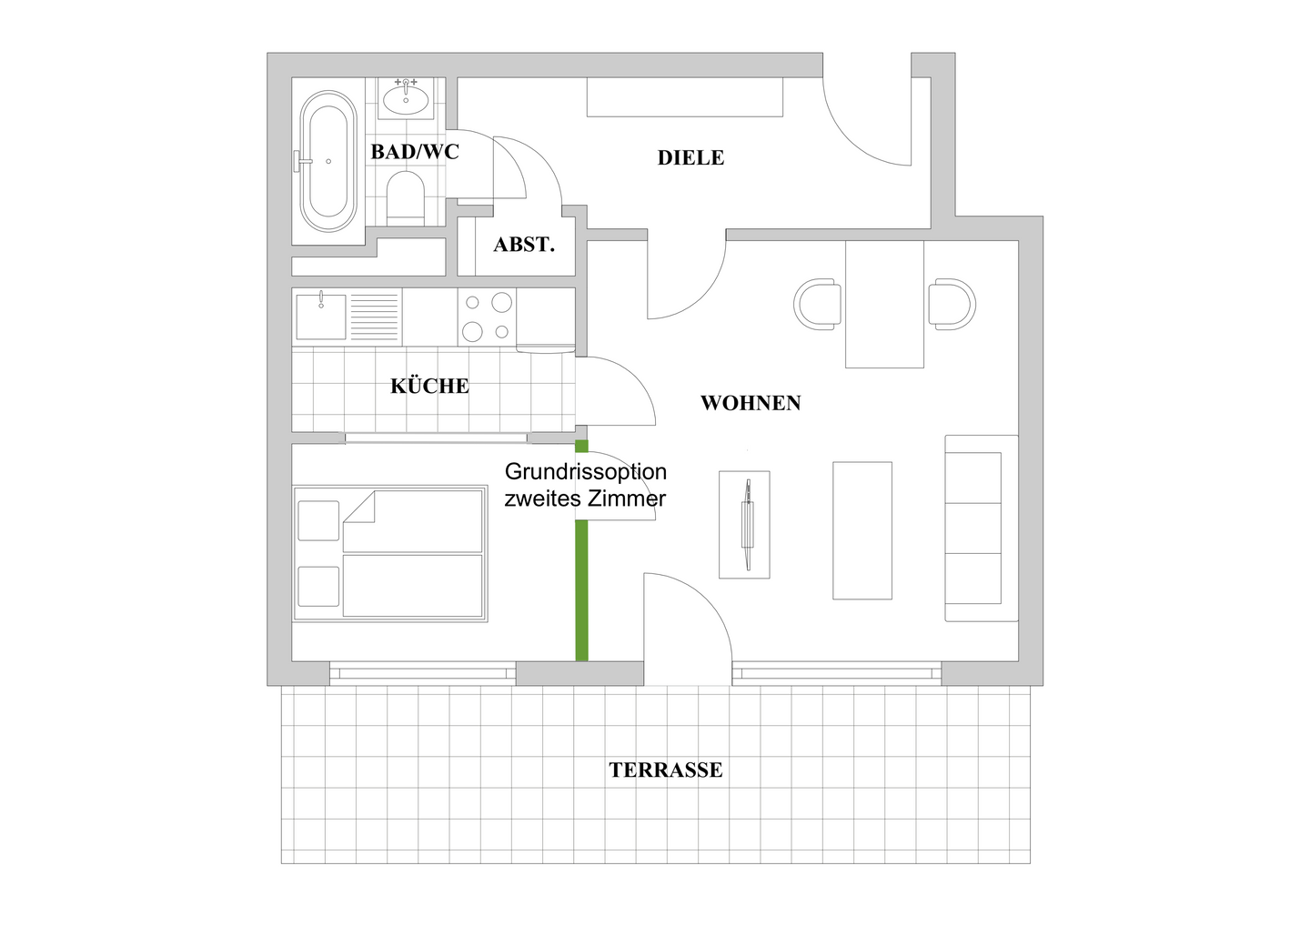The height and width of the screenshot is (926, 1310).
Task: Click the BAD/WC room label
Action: [x=414, y=152]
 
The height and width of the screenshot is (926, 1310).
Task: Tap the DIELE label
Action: [x=690, y=158]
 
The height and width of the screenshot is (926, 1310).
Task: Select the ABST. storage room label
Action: [x=524, y=245]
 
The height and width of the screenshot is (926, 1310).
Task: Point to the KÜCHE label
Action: [x=429, y=387]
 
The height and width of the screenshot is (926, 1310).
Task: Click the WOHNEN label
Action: [x=751, y=403]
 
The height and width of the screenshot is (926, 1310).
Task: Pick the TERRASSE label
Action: [x=666, y=770]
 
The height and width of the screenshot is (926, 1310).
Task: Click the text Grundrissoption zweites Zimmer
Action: [x=586, y=485]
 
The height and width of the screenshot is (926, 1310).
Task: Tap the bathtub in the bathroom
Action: [x=328, y=160]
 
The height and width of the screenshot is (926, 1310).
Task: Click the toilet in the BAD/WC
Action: [x=406, y=197]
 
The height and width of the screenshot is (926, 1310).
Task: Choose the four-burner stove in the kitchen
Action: [x=487, y=317]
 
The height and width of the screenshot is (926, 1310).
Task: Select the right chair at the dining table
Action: [x=952, y=304]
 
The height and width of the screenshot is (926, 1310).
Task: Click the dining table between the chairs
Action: [x=884, y=304]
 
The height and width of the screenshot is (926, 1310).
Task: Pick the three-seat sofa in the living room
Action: [x=981, y=528]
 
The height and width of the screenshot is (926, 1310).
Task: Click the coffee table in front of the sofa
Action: [x=862, y=530]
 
